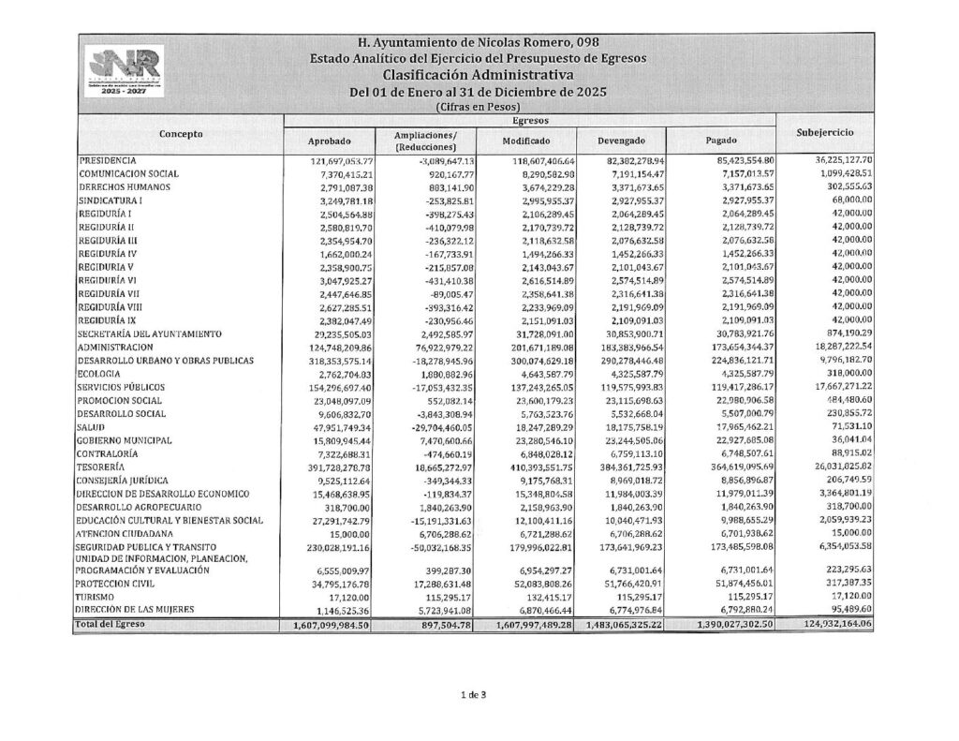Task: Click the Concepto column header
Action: [x=181, y=135]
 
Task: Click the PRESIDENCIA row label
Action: [x=108, y=161]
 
